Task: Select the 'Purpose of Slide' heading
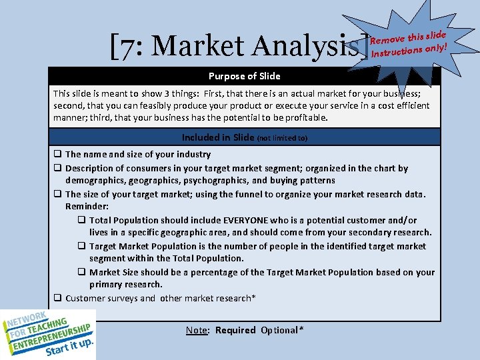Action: pos(244,76)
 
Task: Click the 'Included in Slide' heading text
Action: pos(218,137)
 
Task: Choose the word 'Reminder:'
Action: pos(87,207)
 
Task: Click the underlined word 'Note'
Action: pos(196,330)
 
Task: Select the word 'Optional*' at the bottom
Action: pos(282,330)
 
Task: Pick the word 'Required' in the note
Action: pos(235,330)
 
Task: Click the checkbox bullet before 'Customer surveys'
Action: pos(58,299)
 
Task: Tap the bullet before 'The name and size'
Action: pos(58,155)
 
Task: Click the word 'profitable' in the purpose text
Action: pos(305,118)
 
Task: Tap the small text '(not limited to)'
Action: pos(282,138)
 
